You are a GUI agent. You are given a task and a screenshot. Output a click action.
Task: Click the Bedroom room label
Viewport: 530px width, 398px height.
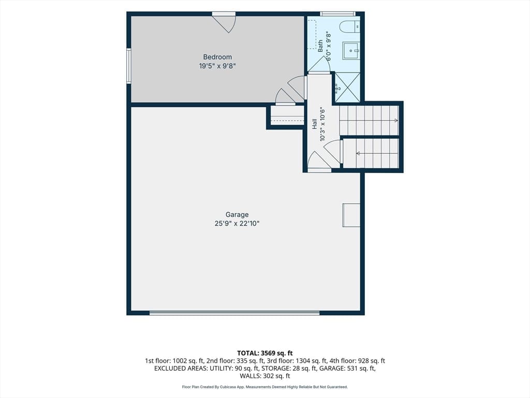tap(217, 57)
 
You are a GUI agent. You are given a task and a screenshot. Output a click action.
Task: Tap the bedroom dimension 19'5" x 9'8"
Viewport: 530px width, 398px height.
tap(217, 66)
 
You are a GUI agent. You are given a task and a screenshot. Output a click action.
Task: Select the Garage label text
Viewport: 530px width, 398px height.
tap(237, 215)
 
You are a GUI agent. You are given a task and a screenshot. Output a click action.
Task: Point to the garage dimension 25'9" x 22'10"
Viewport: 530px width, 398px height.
tap(237, 223)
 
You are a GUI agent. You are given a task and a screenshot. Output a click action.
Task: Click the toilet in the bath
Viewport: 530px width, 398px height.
tap(349, 26)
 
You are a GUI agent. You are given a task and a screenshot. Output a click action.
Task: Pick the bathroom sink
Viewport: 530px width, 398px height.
tap(351, 51)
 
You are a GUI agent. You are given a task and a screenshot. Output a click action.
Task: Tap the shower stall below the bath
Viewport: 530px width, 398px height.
tap(347, 87)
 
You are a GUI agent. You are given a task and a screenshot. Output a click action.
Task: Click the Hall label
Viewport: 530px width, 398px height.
tap(315, 124)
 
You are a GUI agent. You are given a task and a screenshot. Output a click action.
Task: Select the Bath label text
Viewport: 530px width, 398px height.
tap(320, 46)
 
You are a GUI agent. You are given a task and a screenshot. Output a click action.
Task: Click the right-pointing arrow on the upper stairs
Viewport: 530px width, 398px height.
tap(369, 120)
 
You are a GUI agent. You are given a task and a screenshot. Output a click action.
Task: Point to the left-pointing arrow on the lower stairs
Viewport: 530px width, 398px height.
tap(377, 153)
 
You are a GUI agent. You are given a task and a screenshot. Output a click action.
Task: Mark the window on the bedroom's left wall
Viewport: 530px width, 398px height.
tap(129, 66)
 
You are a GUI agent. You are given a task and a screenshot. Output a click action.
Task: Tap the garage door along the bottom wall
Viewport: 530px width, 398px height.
tap(234, 313)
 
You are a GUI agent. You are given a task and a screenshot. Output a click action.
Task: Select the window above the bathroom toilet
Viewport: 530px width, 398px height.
tap(338, 14)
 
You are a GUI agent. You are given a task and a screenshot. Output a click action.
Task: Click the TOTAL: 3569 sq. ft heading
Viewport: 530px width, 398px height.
tap(265, 353)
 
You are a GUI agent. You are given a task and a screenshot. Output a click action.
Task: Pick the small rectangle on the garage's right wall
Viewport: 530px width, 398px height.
tap(351, 215)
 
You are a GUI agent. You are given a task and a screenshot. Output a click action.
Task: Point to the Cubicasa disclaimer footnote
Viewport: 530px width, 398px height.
tap(265, 387)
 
